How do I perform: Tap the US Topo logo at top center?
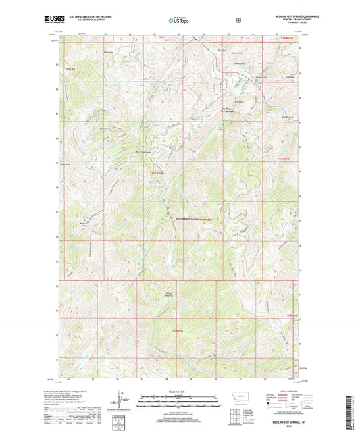[180, 21]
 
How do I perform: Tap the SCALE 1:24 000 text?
[179, 390]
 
